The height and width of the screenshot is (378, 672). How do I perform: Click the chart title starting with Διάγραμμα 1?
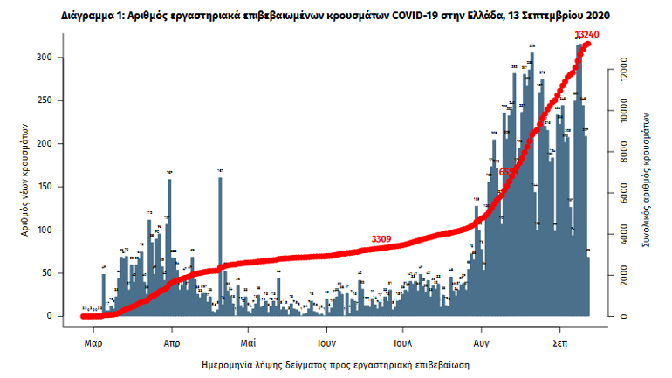click(335, 16)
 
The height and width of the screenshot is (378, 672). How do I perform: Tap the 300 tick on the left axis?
click(51, 58)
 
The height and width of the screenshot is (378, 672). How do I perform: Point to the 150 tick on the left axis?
click(51, 187)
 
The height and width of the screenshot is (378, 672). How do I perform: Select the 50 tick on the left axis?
click(54, 273)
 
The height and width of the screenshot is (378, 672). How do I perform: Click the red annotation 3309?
click(381, 238)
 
